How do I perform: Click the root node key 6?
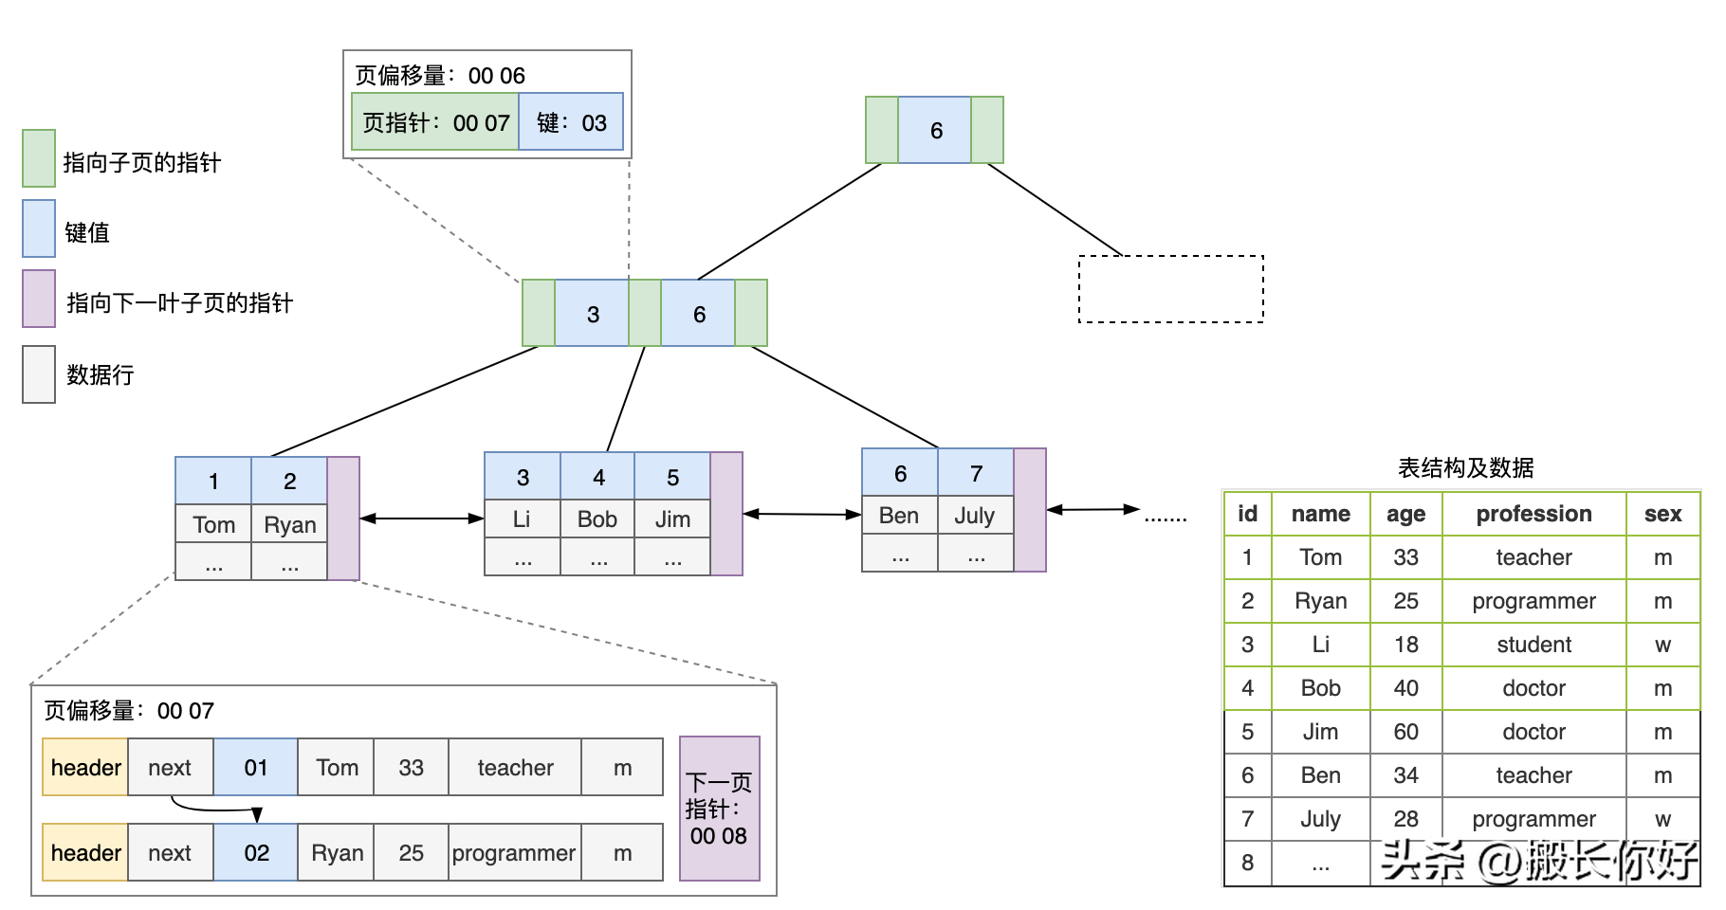[x=935, y=131]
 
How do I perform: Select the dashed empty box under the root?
[x=1170, y=289]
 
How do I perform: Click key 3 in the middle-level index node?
[x=592, y=314]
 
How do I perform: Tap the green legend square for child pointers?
[x=39, y=158]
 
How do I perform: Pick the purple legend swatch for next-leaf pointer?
[x=39, y=299]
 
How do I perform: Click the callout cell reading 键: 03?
[x=571, y=122]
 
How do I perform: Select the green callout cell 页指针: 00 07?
[x=435, y=122]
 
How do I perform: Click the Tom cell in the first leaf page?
[x=213, y=524]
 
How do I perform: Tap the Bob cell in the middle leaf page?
[x=597, y=519]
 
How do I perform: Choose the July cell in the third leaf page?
[x=975, y=516]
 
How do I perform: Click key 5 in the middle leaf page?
[x=672, y=477]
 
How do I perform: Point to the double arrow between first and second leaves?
[x=422, y=519]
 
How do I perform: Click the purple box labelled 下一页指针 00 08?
[x=719, y=809]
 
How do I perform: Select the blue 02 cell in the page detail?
[x=256, y=852]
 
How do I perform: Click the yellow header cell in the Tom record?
[x=85, y=767]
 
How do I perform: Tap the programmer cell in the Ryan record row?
[x=514, y=852]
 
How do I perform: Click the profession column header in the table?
[x=1533, y=514]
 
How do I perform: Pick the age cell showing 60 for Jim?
[x=1405, y=732]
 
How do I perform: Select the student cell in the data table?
[x=1533, y=645]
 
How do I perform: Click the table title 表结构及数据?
[x=1465, y=467]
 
